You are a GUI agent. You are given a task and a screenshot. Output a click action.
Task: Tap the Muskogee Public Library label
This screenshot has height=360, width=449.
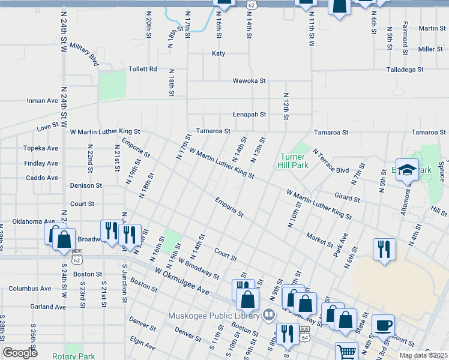click(x=213, y=315)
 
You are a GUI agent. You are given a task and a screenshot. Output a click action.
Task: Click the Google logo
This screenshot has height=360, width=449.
click(x=20, y=353)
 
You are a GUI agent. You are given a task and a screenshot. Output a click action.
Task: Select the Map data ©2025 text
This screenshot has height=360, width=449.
click(x=423, y=355)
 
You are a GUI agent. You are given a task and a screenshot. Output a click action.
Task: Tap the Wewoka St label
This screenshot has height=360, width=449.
click(x=249, y=80)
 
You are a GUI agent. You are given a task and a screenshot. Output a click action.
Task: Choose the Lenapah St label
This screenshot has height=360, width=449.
click(x=249, y=114)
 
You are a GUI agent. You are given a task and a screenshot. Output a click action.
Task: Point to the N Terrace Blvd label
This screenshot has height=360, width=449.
click(x=330, y=162)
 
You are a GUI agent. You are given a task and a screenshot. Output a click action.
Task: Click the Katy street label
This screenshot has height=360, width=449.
click(x=218, y=53)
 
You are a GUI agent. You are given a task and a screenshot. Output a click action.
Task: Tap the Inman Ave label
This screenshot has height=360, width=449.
click(x=42, y=101)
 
